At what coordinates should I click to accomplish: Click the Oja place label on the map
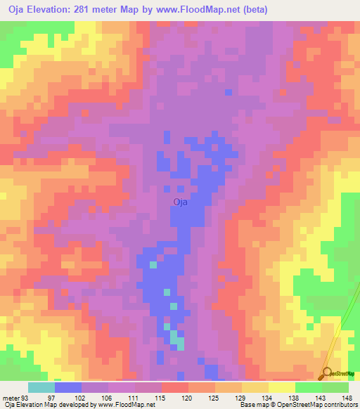coord(181,202)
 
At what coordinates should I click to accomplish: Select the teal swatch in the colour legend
coord(41,387)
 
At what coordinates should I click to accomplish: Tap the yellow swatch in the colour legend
coord(282,387)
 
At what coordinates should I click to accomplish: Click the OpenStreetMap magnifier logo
coord(328,374)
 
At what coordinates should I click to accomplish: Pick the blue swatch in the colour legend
coord(67,387)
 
